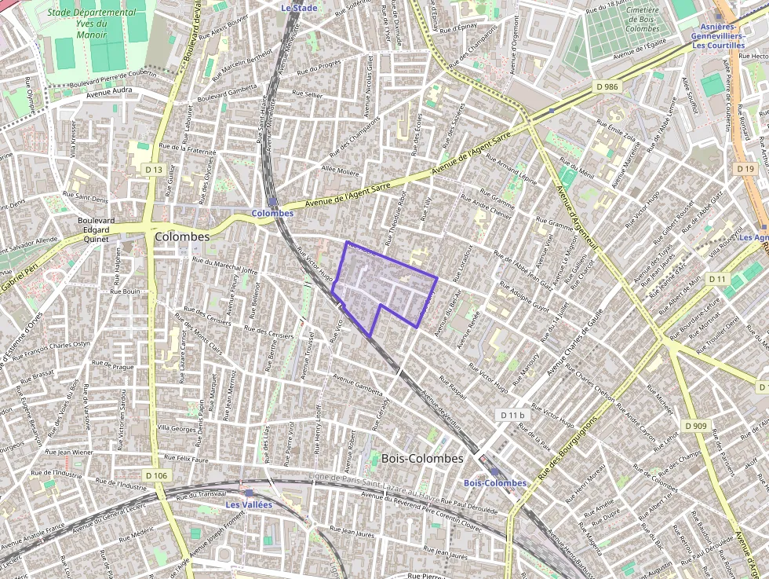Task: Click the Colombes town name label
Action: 182,236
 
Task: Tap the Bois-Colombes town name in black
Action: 422,458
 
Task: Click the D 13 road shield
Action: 154,170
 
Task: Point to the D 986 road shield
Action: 607,86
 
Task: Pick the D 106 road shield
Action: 156,475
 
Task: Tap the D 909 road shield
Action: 696,426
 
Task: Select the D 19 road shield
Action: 745,169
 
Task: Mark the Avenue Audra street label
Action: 110,92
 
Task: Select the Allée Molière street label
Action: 340,170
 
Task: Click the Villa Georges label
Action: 177,429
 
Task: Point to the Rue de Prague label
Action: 114,365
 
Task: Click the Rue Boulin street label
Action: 125,291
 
